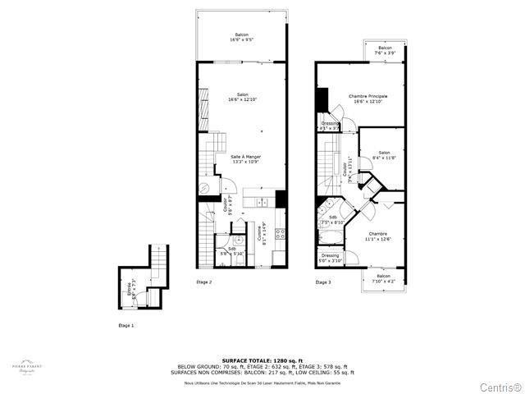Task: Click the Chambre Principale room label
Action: pyautogui.click(x=367, y=98)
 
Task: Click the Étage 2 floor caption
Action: pyautogui.click(x=204, y=282)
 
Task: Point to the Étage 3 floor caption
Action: pyautogui.click(x=324, y=282)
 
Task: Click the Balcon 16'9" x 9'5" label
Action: pyautogui.click(x=243, y=37)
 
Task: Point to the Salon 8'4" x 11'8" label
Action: pyautogui.click(x=383, y=154)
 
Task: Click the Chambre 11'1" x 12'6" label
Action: pyautogui.click(x=379, y=236)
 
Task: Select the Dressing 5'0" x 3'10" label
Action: pyautogui.click(x=331, y=258)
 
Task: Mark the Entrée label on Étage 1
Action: pyautogui.click(x=130, y=289)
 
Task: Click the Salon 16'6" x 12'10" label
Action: pyautogui.click(x=243, y=97)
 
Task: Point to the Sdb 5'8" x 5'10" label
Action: pyautogui.click(x=232, y=251)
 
